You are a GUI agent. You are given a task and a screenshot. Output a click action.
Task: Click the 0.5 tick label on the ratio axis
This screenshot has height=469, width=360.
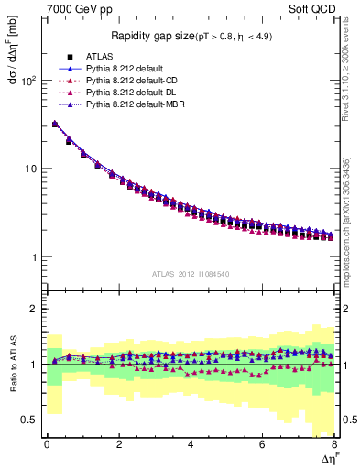(29, 420)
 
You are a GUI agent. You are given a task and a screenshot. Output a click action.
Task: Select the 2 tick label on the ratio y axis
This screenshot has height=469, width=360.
(34, 309)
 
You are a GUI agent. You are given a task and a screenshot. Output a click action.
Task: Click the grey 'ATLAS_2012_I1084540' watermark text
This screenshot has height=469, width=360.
(190, 274)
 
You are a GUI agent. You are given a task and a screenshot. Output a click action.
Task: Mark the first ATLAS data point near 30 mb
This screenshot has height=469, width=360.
(55, 125)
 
